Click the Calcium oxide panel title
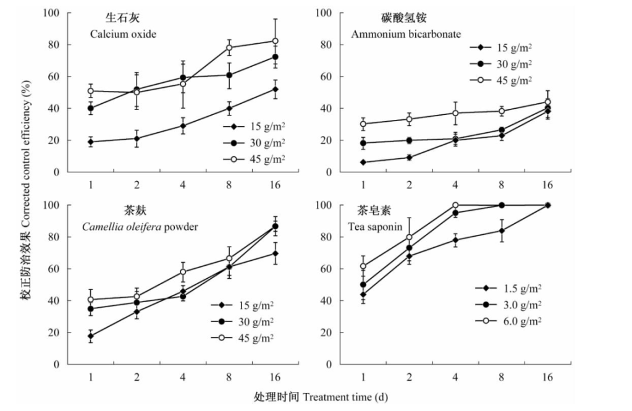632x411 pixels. pyautogui.click(x=122, y=34)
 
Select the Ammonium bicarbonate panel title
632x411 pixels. pyautogui.click(x=406, y=34)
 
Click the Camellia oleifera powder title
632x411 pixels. pyautogui.click(x=140, y=227)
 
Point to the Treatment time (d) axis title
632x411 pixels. pyautogui.click(x=321, y=396)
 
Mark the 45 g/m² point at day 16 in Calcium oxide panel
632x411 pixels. pyautogui.click(x=275, y=41)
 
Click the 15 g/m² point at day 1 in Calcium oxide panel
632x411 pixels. pyautogui.click(x=91, y=142)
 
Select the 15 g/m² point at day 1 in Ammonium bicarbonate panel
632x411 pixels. pyautogui.click(x=363, y=162)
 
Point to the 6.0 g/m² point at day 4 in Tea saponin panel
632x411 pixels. pyautogui.click(x=455, y=205)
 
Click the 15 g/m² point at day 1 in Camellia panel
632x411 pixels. pyautogui.click(x=91, y=336)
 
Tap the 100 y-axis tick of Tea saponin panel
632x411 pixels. pyautogui.click(x=342, y=205)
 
